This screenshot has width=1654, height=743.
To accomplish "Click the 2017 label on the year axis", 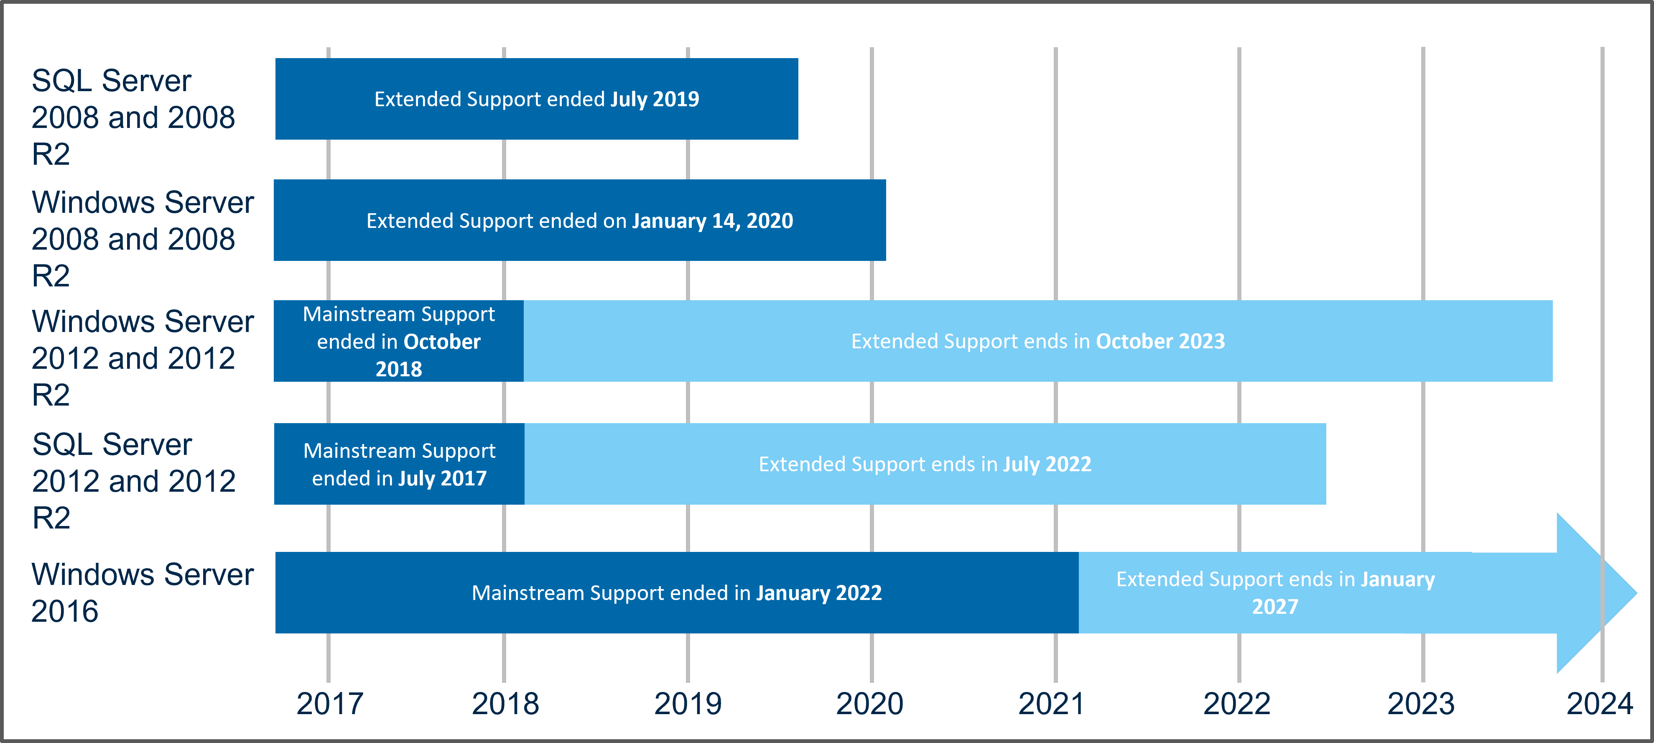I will tap(329, 704).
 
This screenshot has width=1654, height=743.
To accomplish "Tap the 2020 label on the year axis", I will tap(869, 704).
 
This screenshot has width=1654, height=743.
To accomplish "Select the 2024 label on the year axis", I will tap(1599, 704).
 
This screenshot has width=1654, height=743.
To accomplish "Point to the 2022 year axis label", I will tap(1237, 704).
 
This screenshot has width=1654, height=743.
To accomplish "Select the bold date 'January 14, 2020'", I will tap(712, 221).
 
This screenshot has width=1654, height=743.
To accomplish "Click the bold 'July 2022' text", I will tap(1047, 464).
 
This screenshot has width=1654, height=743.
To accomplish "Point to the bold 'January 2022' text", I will tap(819, 593).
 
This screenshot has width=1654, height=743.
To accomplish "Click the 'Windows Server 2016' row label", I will tap(142, 592).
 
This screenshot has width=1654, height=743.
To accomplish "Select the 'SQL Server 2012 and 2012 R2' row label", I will tap(134, 481).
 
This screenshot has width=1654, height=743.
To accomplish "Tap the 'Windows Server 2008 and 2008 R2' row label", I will tap(142, 239).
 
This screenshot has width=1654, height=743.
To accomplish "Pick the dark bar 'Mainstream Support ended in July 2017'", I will tap(399, 464).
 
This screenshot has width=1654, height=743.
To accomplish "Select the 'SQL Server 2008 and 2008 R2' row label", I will tap(133, 117).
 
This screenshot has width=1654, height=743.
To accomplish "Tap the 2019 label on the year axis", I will tap(688, 704).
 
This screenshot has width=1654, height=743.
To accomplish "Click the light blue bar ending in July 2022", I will tap(925, 464).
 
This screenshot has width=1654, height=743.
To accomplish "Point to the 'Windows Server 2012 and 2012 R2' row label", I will tap(142, 357).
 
